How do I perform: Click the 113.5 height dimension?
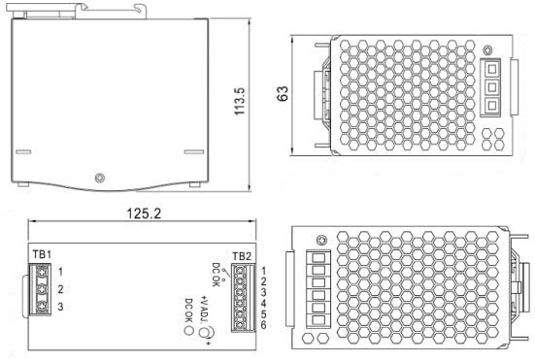[x=240, y=101]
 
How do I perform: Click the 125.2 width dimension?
[x=144, y=213]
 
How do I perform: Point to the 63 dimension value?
[x=283, y=93]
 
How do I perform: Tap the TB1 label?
[x=42, y=254]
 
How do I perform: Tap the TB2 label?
[x=242, y=256]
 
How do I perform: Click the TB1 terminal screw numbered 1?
[x=43, y=272]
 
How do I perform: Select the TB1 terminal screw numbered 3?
[x=43, y=306]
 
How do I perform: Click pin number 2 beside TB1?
[x=60, y=289]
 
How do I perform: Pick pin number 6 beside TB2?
[x=263, y=325]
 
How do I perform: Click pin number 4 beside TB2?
[x=263, y=303]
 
